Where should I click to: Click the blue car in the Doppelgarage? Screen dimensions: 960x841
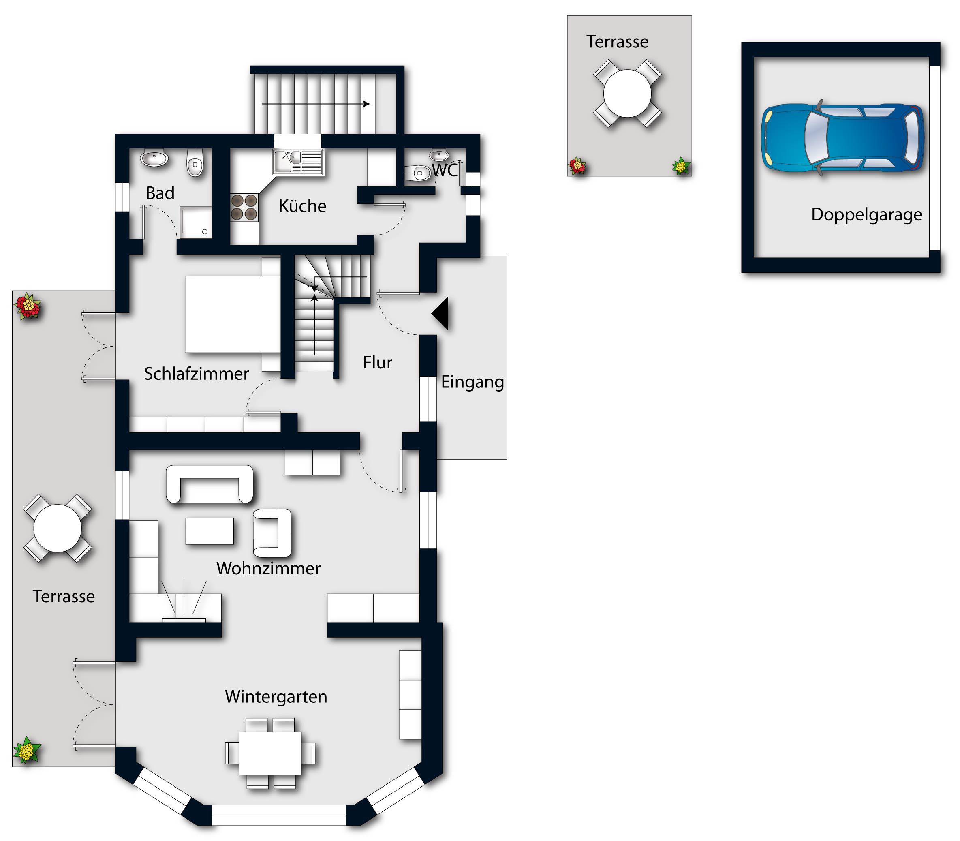(x=842, y=139)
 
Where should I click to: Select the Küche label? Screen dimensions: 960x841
(x=302, y=206)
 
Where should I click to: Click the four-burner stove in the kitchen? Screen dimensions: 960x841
(x=244, y=208)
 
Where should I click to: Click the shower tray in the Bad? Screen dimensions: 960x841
(x=196, y=223)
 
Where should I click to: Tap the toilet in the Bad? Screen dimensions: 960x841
(x=195, y=162)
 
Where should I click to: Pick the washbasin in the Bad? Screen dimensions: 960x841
(x=154, y=158)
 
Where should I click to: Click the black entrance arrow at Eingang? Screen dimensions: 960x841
(x=440, y=313)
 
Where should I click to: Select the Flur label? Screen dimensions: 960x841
(x=378, y=362)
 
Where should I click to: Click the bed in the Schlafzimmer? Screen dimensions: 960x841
(x=233, y=314)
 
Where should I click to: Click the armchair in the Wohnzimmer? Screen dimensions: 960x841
(x=272, y=533)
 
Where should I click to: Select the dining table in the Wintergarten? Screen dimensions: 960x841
(x=270, y=753)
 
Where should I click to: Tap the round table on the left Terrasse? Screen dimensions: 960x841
(x=58, y=529)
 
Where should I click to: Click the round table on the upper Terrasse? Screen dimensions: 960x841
(x=627, y=93)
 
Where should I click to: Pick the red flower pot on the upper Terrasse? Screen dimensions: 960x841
(x=577, y=166)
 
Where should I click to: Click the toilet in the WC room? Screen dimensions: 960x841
(x=416, y=173)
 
